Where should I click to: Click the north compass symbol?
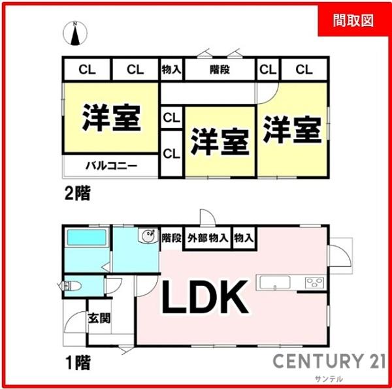coord(75,33)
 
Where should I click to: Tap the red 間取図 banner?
coord(353,20)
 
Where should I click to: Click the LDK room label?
coord(205,297)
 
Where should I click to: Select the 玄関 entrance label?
coord(99,319)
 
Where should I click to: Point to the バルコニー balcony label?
coord(111,166)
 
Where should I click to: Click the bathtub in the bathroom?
coord(86,237)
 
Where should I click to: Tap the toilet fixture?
coord(73,286)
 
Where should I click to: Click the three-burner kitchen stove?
coord(314,283)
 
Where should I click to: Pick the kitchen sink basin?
coord(275,283)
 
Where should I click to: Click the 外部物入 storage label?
coord(208,238)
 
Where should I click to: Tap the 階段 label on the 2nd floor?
coord(220,70)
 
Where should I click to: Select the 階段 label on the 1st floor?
coord(171,238)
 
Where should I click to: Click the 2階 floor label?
coord(77,193)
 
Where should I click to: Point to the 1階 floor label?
coord(78,363)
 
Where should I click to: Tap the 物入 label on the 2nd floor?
coord(171,69)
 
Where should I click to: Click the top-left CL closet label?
coord(87,70)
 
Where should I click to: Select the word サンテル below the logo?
coord(329,379)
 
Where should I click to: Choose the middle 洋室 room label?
coord(220,142)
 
